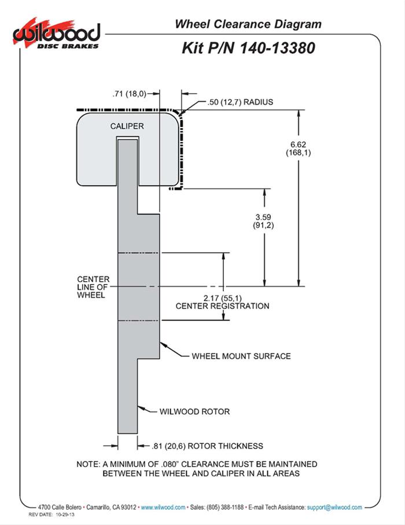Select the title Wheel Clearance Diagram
tap(248, 24)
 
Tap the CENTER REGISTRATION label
tap(222, 306)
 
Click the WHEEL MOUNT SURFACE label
tap(241, 356)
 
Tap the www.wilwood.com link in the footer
tap(163, 507)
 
